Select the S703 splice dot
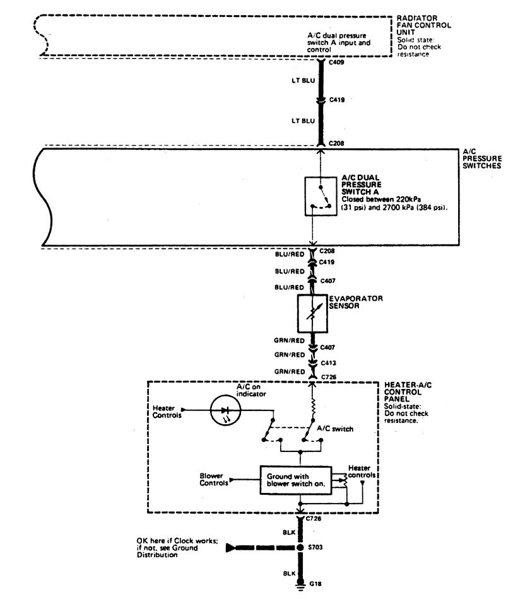pos(302,547)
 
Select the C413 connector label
pos(328,362)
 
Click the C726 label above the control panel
pos(328,376)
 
